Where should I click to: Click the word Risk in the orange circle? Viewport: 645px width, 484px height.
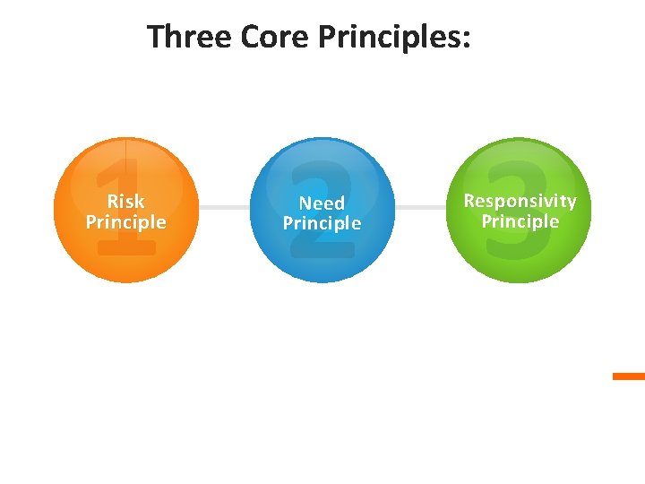[125, 201]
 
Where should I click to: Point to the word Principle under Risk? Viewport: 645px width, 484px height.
[125, 222]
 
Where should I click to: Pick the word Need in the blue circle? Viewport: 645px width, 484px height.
[322, 203]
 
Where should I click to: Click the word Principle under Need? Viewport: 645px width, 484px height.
[322, 224]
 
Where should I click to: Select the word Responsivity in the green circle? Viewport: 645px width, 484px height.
[520, 201]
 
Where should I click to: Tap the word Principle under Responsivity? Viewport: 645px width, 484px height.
[520, 221]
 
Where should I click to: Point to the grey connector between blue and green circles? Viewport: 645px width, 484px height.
[421, 207]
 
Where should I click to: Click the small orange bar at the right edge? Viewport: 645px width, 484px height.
[629, 376]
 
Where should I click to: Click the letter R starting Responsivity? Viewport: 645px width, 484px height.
[469, 201]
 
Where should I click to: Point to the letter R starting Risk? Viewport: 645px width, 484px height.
[112, 201]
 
